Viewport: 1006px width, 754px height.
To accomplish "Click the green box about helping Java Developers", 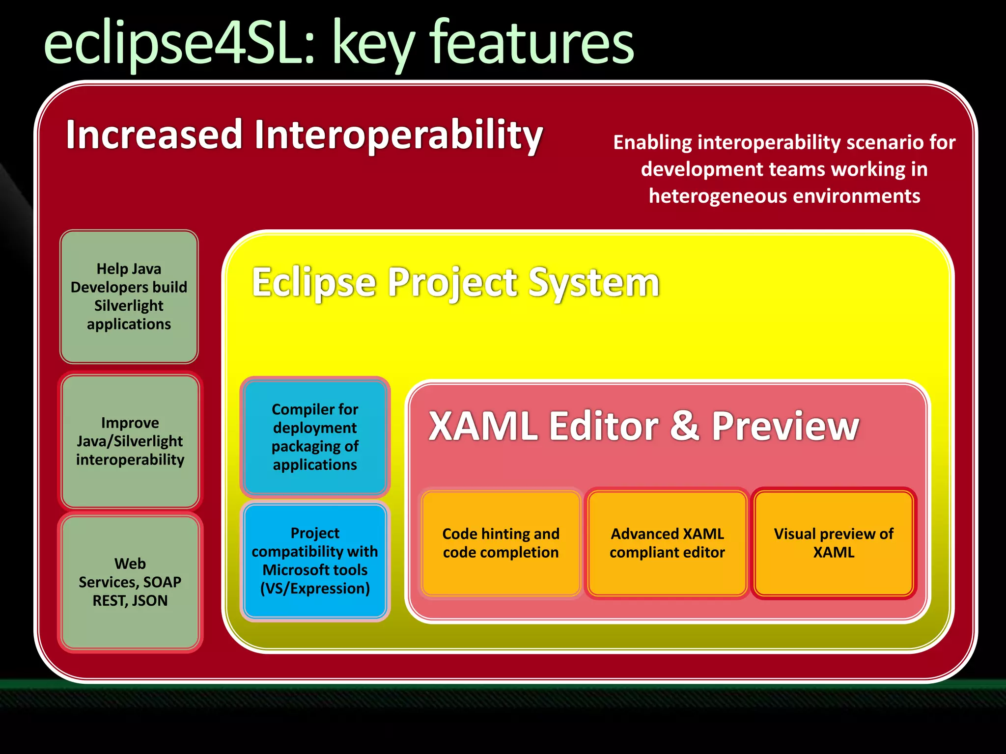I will (129, 296).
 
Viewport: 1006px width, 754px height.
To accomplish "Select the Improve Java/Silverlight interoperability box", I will (130, 441).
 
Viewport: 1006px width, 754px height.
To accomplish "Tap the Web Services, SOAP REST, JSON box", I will (130, 582).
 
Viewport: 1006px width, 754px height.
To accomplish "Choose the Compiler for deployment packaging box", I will (315, 436).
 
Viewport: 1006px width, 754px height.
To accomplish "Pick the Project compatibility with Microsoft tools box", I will (315, 561).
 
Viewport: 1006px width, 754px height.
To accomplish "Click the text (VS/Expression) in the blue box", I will (315, 588).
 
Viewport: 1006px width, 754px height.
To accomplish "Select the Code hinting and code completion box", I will (501, 543).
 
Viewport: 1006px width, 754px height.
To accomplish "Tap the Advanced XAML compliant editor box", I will (667, 543).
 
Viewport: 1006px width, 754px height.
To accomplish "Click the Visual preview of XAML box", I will (834, 543).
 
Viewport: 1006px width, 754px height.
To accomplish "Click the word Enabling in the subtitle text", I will (652, 142).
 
